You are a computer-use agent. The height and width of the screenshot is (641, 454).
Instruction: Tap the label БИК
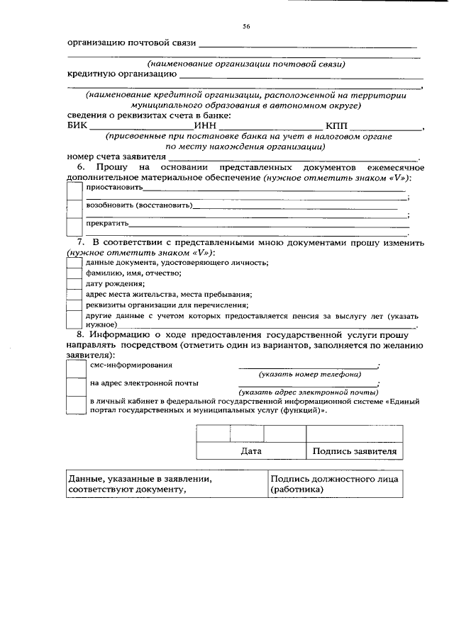pyautogui.click(x=79, y=127)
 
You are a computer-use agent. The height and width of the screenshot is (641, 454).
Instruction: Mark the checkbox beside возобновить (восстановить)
pyautogui.click(x=74, y=208)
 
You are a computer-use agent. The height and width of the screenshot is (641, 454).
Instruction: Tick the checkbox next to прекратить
pyautogui.click(x=74, y=226)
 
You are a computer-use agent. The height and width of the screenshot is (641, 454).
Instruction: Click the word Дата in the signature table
pyautogui.click(x=251, y=450)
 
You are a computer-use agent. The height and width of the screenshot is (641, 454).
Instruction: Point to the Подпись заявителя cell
pyautogui.click(x=354, y=450)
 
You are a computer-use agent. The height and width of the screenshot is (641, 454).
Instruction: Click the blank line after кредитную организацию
pyautogui.click(x=301, y=75)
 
